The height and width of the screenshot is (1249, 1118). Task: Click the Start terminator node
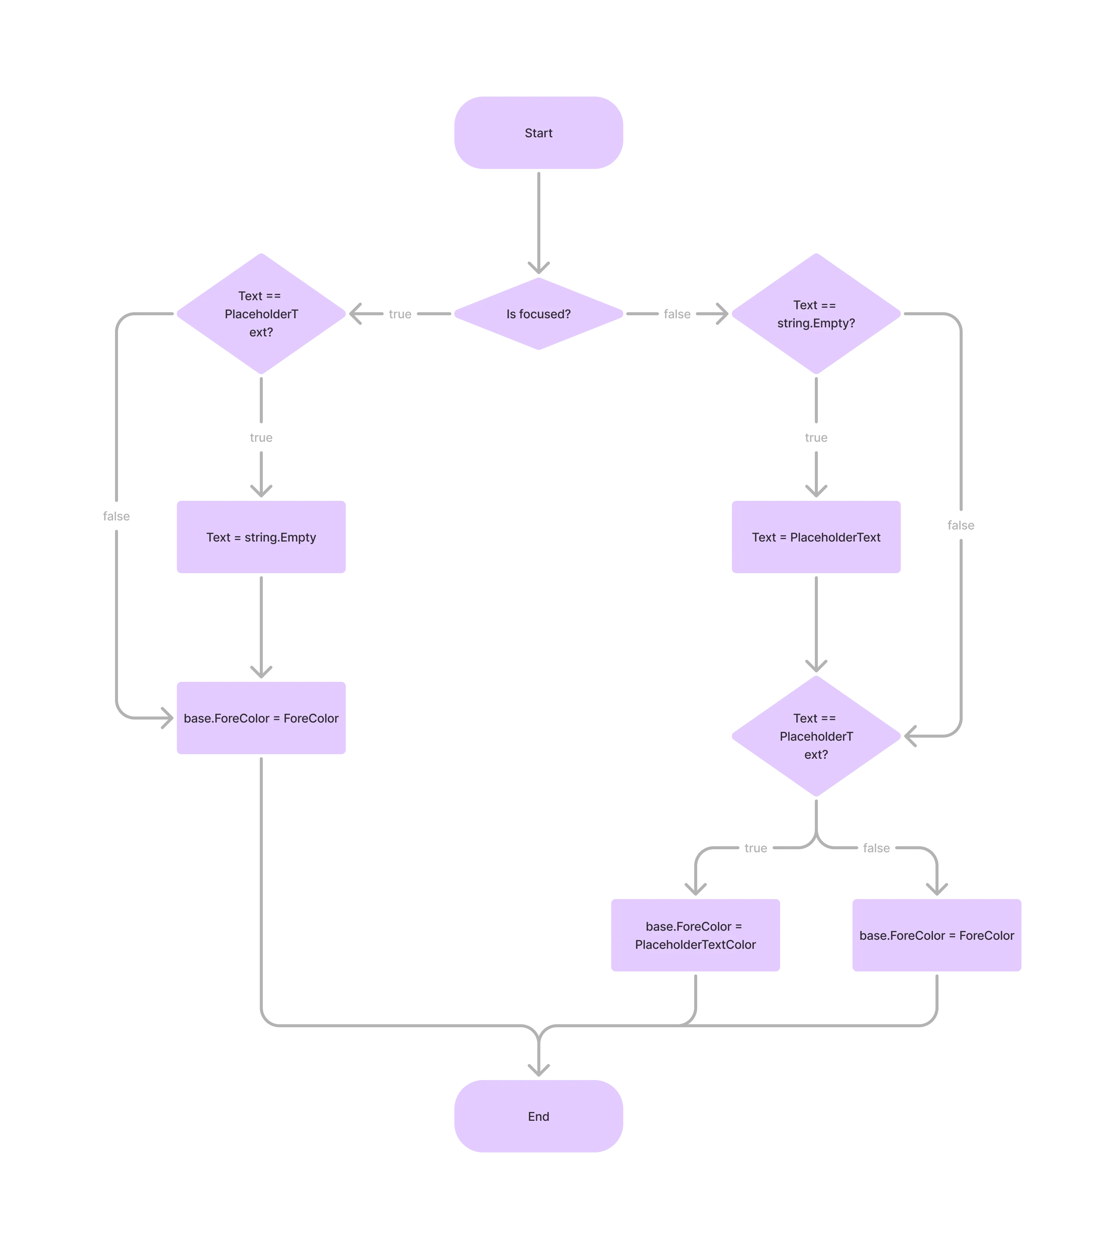(x=538, y=133)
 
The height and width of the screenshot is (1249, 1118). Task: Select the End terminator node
(x=538, y=1116)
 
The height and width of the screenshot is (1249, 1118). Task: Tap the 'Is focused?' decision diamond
(x=538, y=314)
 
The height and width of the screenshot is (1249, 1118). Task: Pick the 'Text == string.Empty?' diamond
(x=816, y=314)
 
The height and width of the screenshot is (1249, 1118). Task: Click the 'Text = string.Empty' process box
(x=261, y=537)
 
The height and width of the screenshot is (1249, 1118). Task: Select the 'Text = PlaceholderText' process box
(x=816, y=537)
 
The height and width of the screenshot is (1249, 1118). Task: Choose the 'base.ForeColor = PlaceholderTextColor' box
(x=695, y=935)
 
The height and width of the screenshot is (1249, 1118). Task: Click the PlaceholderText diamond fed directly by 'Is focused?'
(x=261, y=314)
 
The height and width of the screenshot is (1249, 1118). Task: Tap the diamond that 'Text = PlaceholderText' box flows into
(x=816, y=736)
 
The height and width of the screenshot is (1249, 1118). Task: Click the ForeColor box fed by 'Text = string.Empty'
(x=261, y=718)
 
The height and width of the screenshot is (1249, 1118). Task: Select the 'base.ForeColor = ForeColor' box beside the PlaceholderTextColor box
(x=936, y=935)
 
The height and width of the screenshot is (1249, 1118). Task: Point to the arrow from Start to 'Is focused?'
(x=539, y=221)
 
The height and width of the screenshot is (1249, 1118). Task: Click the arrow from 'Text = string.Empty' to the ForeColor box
(x=262, y=627)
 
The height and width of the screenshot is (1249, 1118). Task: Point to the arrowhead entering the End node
(x=539, y=1069)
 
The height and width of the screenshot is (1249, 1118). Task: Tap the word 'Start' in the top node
(x=538, y=133)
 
